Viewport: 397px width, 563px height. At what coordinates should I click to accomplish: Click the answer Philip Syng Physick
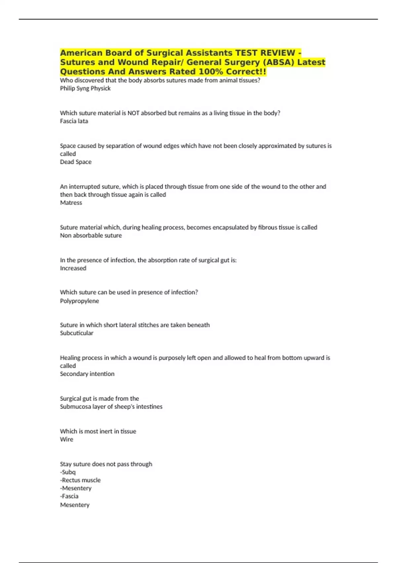coord(85,88)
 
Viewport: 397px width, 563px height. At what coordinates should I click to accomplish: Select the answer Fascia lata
coord(74,121)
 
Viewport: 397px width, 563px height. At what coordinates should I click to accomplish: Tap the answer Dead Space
coord(75,162)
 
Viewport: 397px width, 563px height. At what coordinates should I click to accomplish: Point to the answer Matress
coord(71,203)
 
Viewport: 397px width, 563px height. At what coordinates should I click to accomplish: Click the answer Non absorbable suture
coord(91,235)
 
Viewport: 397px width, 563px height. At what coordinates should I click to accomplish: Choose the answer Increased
coord(73,268)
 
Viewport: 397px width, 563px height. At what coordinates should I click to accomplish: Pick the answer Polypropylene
coord(79,301)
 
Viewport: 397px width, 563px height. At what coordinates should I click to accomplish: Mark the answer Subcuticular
coord(76,333)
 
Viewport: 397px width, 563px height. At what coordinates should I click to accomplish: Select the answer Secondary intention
coord(87,374)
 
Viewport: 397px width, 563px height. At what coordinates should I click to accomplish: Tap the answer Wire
coord(66,439)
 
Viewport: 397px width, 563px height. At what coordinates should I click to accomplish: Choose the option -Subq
coord(68,472)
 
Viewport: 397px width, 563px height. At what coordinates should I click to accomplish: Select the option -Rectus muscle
coord(80,480)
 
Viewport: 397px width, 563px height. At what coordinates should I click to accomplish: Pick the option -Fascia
coord(69,496)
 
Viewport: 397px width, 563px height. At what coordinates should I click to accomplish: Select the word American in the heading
coord(81,53)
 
